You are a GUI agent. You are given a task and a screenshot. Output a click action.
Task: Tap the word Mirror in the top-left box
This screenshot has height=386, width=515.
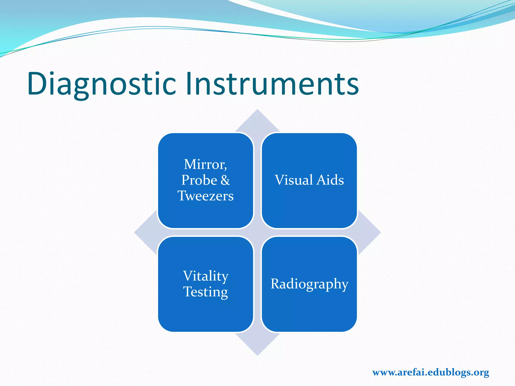(x=204, y=164)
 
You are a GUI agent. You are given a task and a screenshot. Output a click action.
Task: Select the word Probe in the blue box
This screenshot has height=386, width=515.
(x=199, y=180)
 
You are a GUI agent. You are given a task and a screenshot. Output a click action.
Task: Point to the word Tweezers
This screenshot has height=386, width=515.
(x=206, y=196)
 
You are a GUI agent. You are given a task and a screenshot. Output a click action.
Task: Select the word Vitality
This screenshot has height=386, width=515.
(x=206, y=276)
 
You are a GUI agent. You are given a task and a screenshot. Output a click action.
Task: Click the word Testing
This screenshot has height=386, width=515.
(x=206, y=292)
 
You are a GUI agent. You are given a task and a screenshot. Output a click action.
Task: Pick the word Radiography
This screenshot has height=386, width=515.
(x=309, y=284)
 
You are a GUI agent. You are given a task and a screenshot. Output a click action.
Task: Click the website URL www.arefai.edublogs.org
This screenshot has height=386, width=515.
(x=431, y=372)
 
